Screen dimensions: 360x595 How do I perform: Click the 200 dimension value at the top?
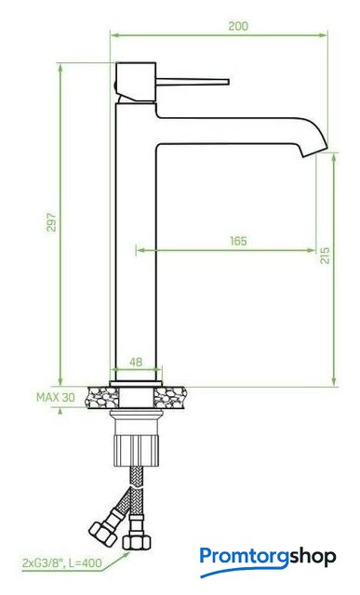[x=238, y=26]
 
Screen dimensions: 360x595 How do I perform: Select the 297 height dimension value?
[x=52, y=222]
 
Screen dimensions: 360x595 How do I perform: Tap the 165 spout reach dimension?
[x=238, y=241]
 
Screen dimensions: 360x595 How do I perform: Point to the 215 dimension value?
[x=325, y=256]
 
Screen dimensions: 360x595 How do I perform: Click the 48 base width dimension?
[x=136, y=362]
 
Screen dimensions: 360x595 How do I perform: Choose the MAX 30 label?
[x=56, y=397]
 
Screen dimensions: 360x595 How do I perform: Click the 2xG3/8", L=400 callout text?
[x=62, y=562]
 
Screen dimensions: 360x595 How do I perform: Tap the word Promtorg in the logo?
[x=244, y=558]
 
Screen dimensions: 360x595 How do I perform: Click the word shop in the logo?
[x=313, y=558]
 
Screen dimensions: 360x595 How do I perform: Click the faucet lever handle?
[x=193, y=82]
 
